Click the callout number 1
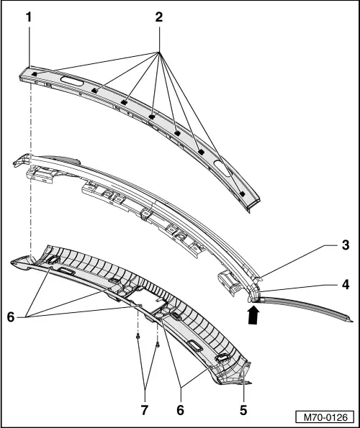pyautogui.click(x=29, y=17)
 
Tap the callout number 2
pyautogui.click(x=159, y=17)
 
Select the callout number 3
pyautogui.click(x=346, y=245)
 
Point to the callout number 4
pyautogui.click(x=346, y=285)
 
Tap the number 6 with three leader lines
pyautogui.click(x=11, y=317)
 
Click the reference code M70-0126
pyautogui.click(x=325, y=417)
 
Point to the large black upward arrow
pyautogui.click(x=253, y=315)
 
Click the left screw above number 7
pyautogui.click(x=138, y=337)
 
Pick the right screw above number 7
pyautogui.click(x=158, y=345)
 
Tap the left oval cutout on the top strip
pyautogui.click(x=72, y=81)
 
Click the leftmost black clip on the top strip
pyautogui.click(x=35, y=74)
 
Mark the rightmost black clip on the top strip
pyautogui.click(x=242, y=193)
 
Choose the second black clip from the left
pyautogui.click(x=95, y=91)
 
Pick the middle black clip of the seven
pyautogui.click(x=152, y=117)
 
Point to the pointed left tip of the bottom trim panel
pyautogui.click(x=11, y=262)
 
